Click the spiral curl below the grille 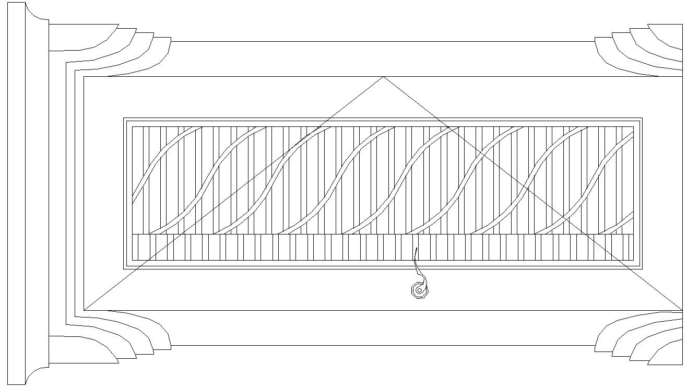419,290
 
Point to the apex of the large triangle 383,77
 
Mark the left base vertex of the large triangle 85,310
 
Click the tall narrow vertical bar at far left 17,193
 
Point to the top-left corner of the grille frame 124,118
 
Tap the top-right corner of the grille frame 642,118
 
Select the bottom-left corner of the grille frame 124,269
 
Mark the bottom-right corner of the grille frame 642,269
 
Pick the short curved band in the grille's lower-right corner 619,224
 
